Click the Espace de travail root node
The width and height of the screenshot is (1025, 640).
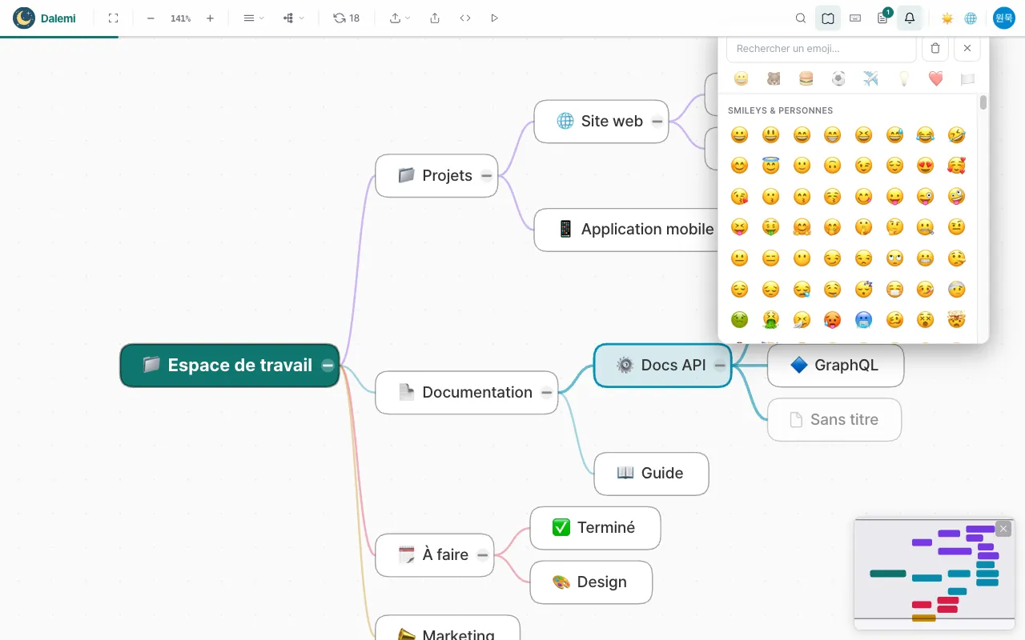[x=229, y=366]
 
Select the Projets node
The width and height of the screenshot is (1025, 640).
[x=436, y=175]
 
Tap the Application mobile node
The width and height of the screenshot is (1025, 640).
[x=626, y=230]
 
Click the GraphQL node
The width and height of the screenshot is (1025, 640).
[x=835, y=366]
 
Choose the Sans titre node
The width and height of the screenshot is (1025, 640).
[x=834, y=420]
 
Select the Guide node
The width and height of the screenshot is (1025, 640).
[x=651, y=474]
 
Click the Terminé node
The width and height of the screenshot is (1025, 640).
[x=595, y=528]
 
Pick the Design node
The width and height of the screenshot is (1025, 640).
[x=591, y=582]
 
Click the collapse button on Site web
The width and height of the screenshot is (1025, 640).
[x=657, y=122]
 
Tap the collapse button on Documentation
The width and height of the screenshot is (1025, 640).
[x=546, y=393]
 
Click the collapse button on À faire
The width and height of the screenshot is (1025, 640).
[x=482, y=555]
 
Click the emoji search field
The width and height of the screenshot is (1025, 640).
[x=821, y=49]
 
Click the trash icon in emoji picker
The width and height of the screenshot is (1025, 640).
[x=935, y=48]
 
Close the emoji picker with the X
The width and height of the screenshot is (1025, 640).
[x=967, y=48]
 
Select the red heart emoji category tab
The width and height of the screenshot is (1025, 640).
[x=936, y=78]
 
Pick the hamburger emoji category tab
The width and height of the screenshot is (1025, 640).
[x=806, y=78]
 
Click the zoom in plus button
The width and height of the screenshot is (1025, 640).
[x=210, y=18]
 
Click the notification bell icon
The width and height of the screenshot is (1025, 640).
[x=910, y=18]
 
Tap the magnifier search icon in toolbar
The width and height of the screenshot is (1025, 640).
[x=800, y=18]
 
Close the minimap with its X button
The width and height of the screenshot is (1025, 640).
[x=1003, y=529]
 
